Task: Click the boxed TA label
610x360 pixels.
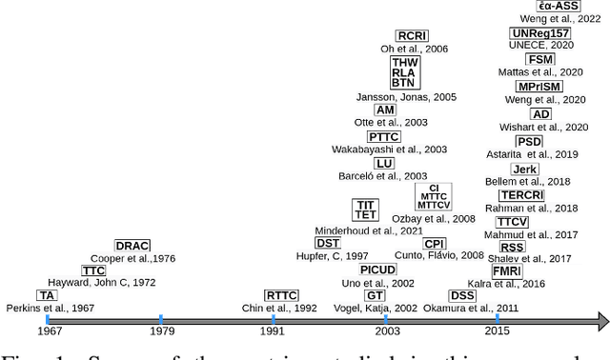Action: (47, 295)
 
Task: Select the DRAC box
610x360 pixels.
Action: (132, 246)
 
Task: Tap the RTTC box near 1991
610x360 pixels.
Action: (281, 295)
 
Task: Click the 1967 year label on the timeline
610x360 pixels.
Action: (51, 330)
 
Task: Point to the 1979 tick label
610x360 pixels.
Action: (162, 330)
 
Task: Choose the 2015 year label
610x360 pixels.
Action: (497, 330)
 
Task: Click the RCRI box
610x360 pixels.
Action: (413, 36)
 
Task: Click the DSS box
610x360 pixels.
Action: (462, 295)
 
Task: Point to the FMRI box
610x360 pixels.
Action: (507, 270)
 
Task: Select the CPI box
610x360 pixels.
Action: (434, 244)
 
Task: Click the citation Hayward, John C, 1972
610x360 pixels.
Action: (103, 283)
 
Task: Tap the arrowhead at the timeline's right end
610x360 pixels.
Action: (600, 319)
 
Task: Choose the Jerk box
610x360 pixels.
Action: (524, 170)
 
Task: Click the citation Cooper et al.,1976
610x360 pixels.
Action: (133, 258)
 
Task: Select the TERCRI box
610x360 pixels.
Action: (522, 195)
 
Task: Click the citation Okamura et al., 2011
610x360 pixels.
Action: (481, 308)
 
